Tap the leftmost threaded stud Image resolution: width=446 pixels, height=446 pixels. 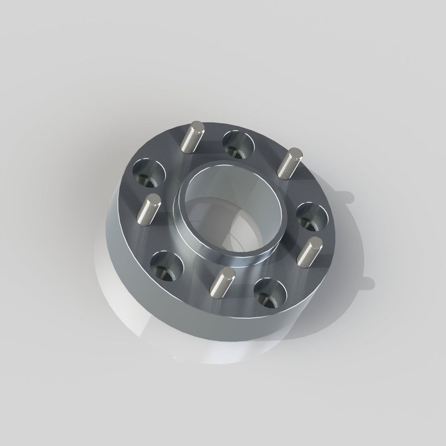click(149, 209)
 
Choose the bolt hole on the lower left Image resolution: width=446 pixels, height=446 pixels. click(167, 265)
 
